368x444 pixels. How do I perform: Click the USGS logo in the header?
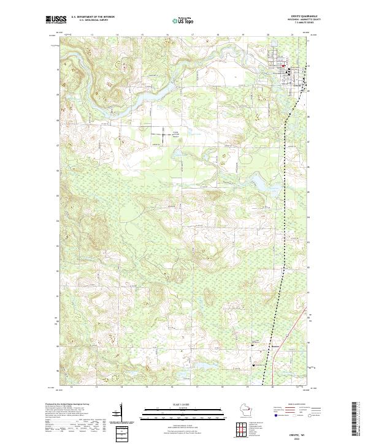click(x=57, y=20)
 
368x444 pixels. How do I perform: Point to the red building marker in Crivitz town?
click(x=282, y=66)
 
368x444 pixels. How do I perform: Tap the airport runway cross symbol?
click(x=164, y=134)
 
